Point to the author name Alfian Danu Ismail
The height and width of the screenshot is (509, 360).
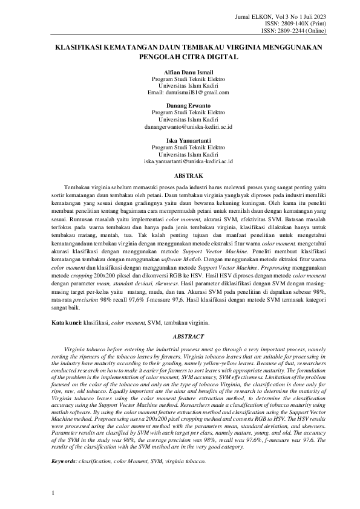[180, 72]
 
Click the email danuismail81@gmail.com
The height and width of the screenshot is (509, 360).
[180, 92]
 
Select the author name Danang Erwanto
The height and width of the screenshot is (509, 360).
[180, 106]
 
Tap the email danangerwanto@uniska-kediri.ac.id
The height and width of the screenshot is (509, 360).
[180, 126]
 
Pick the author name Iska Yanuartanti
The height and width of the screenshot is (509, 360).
[180, 140]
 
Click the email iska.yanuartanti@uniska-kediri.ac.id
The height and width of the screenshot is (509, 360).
[180, 161]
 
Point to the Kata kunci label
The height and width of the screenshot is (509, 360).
[66, 323]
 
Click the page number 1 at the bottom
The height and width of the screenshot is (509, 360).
[54, 493]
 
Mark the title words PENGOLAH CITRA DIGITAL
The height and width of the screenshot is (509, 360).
[180, 57]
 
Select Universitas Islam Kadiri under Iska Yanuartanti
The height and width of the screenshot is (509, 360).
[180, 154]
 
